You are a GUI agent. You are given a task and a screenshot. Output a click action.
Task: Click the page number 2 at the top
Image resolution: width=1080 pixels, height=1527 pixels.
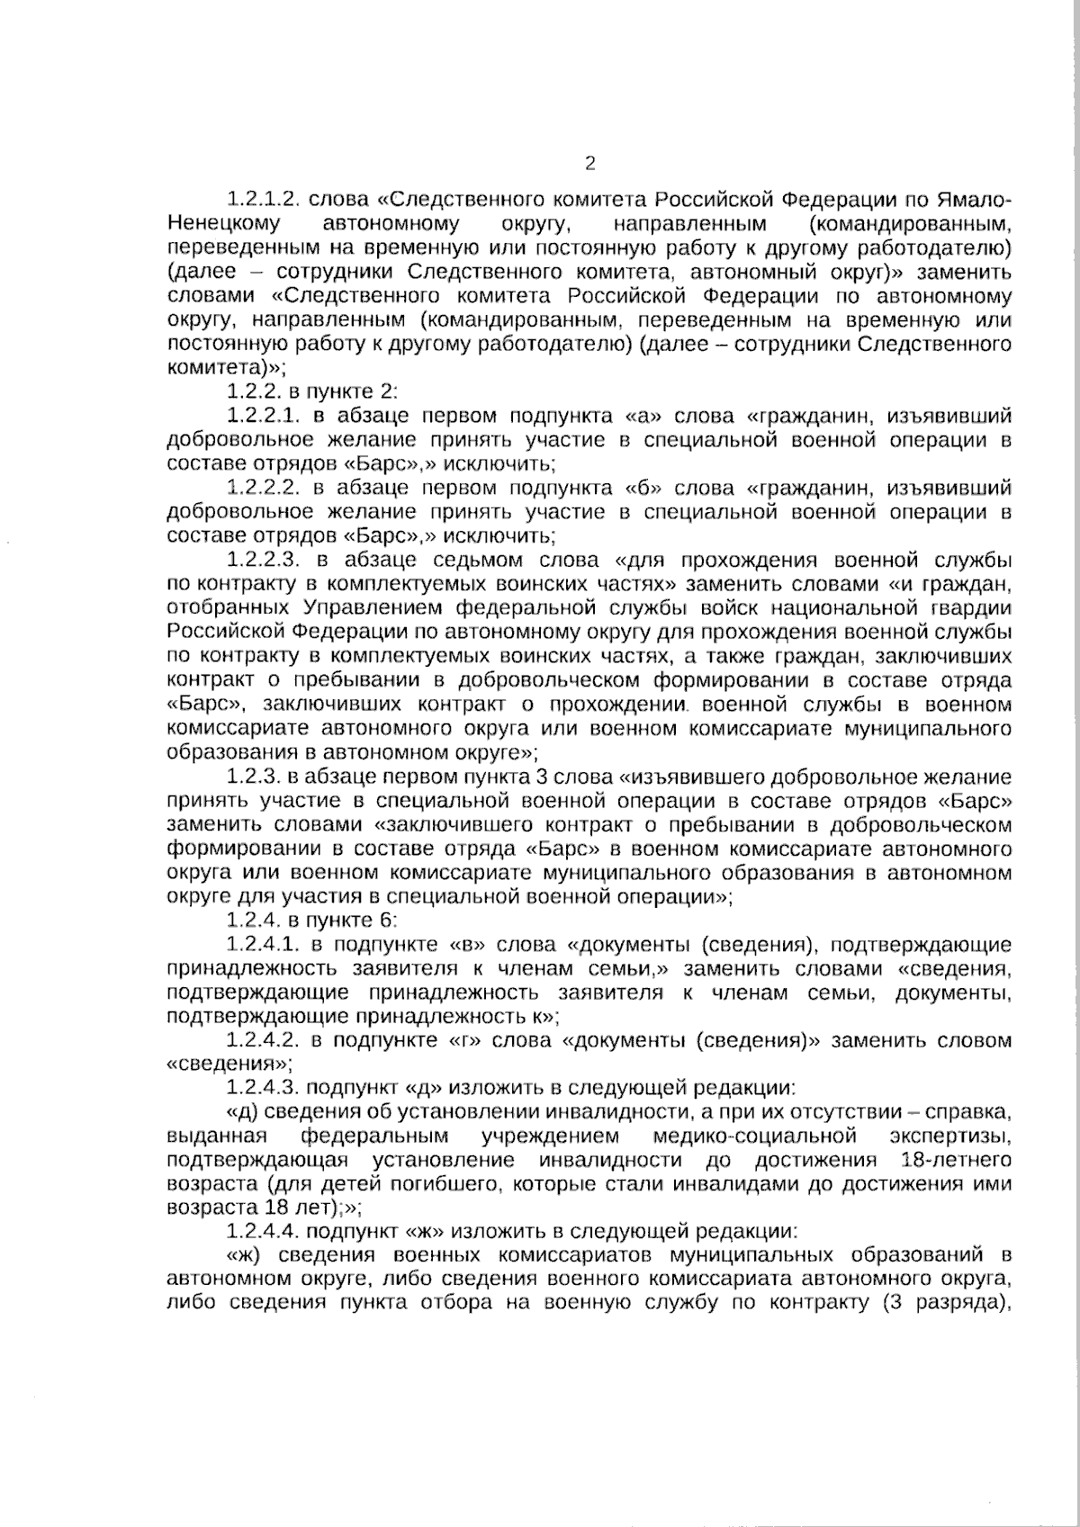point(590,163)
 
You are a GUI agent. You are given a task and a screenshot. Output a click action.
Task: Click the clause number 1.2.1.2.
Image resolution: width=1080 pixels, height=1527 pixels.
point(262,198)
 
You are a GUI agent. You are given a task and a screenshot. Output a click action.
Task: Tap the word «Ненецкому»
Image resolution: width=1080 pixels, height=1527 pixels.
point(223,222)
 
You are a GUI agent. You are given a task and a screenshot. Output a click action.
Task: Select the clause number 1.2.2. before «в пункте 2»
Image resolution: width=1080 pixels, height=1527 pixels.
point(254,391)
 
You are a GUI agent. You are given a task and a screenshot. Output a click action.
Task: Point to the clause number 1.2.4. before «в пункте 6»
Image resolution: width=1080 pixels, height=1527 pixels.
point(254,921)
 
